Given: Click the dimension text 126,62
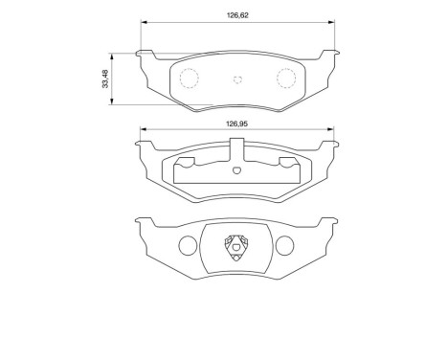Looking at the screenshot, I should (237, 15).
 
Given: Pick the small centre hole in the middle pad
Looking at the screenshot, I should (237, 171).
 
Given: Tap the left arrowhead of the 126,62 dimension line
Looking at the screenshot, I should (144, 25).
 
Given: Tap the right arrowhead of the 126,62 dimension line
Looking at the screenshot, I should (331, 25).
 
